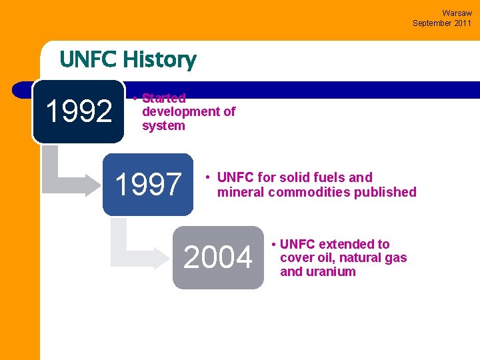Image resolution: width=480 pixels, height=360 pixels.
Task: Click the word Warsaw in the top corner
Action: pyautogui.click(x=457, y=13)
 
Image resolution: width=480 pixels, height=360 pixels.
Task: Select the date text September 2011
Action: pyautogui.click(x=442, y=23)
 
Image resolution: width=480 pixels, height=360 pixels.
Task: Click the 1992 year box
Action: pyautogui.click(x=78, y=111)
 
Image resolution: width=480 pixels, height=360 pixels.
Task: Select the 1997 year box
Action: pyautogui.click(x=148, y=185)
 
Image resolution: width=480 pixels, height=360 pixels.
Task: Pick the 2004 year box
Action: pyautogui.click(x=218, y=258)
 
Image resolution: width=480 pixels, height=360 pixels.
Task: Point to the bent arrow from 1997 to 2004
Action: pyautogui.click(x=133, y=247)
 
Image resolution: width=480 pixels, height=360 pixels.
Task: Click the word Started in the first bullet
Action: pyautogui.click(x=163, y=98)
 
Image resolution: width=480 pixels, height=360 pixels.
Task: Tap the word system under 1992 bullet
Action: pyautogui.click(x=163, y=126)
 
